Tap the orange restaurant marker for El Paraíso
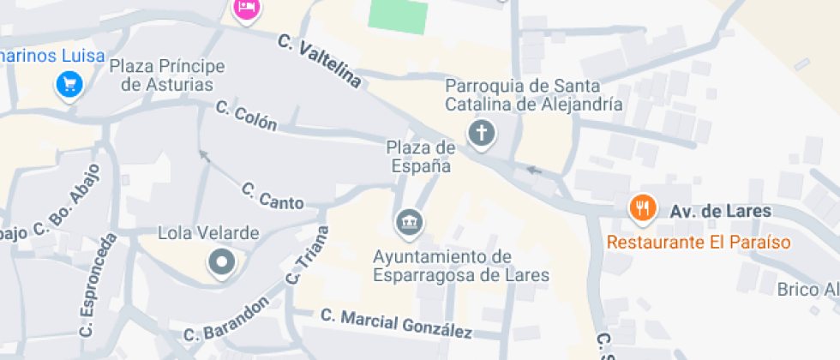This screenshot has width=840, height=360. click(x=642, y=207)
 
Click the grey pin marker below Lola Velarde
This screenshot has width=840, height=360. click(x=222, y=261)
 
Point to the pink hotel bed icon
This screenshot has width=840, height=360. click(x=247, y=8)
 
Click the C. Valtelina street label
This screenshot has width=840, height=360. click(x=319, y=61)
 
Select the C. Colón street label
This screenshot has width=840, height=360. click(x=246, y=117)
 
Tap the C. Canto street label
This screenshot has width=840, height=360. click(x=273, y=196)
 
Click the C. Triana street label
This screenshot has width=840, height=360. click(x=308, y=255)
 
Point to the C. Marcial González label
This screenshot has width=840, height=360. click(x=397, y=323)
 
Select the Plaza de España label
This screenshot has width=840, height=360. click(x=421, y=157)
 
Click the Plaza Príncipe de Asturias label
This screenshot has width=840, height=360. click(x=167, y=75)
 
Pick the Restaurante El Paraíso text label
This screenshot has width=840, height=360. click(x=699, y=242)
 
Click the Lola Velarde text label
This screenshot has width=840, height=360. click(x=209, y=233)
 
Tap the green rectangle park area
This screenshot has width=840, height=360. click(x=398, y=15)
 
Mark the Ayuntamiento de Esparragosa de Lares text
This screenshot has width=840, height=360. click(x=460, y=266)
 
